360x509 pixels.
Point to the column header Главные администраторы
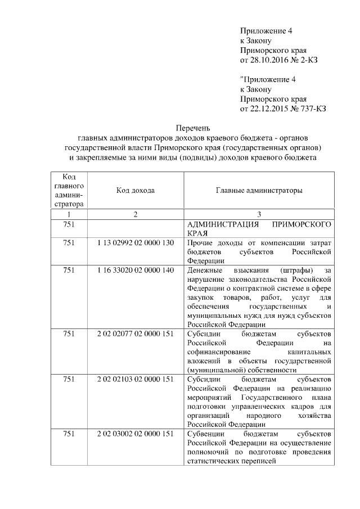click(259, 191)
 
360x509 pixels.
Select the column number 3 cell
click(259, 215)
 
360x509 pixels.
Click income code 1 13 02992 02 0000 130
click(136, 242)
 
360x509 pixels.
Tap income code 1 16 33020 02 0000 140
click(136, 271)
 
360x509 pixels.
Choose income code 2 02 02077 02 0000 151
click(136, 334)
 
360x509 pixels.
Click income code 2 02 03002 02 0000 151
click(136, 435)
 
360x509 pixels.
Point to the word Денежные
click(204, 271)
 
